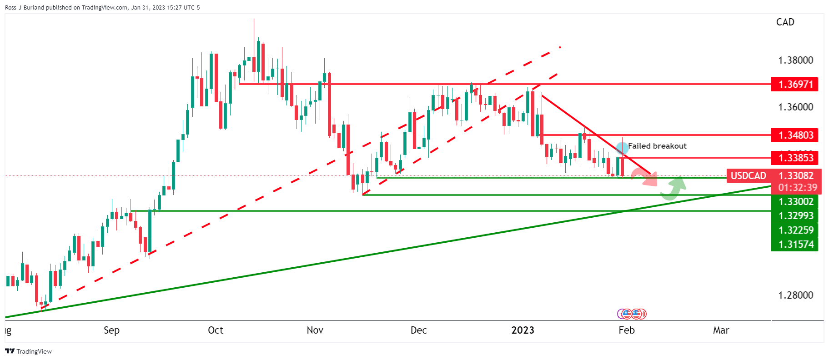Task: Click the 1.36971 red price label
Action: click(x=794, y=84)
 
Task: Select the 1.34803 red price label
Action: click(x=794, y=135)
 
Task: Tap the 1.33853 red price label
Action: click(x=794, y=158)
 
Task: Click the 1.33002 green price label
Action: click(x=794, y=201)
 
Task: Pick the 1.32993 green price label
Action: click(x=794, y=215)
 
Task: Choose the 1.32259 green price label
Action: click(x=794, y=230)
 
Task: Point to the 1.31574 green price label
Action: click(x=794, y=244)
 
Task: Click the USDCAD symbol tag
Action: click(x=749, y=175)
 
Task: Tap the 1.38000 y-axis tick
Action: click(x=795, y=60)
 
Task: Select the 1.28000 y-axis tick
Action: click(x=795, y=295)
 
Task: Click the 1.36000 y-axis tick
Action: click(x=795, y=107)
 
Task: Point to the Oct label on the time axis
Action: click(x=216, y=330)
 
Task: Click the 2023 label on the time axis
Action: click(x=523, y=330)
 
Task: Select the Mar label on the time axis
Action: click(x=721, y=330)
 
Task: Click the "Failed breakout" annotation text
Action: click(x=657, y=146)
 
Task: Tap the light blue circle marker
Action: click(x=622, y=148)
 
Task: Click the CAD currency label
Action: click(x=785, y=22)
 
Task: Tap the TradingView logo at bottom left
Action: click(x=28, y=351)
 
